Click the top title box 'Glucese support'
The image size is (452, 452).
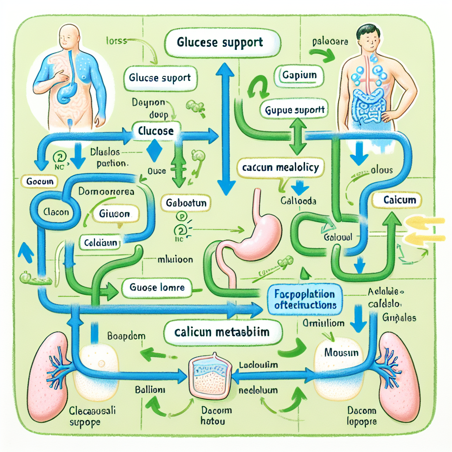coord(219,43)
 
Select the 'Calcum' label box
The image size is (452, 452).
coord(399,200)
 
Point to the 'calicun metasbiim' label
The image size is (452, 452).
coord(222,331)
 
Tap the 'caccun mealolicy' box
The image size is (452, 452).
coord(280,168)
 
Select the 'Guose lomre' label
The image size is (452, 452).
coord(157,288)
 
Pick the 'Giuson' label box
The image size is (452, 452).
coord(115,214)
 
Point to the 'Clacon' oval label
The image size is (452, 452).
coord(56,212)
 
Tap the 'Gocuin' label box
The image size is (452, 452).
coord(40,181)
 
